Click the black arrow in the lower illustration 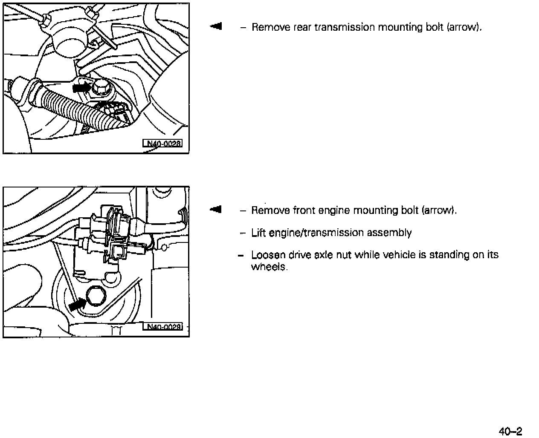[x=77, y=304]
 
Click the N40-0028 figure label [x=162, y=143]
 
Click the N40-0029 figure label [x=162, y=327]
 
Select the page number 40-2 [x=510, y=431]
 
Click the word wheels [x=269, y=267]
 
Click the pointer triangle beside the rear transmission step [x=216, y=26]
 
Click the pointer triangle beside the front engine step [x=216, y=209]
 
